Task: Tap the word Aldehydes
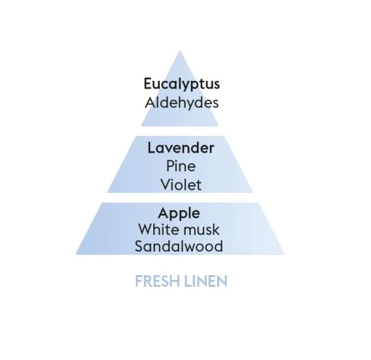[182, 104]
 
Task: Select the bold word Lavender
[181, 148]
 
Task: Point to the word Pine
[181, 166]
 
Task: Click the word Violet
[181, 185]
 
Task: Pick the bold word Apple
[179, 214]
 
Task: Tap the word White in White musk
[157, 230]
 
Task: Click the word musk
[200, 230]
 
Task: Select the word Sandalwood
[179, 246]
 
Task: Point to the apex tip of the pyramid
[180, 50]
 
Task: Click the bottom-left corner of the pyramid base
[76, 255]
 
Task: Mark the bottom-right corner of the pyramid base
[285, 255]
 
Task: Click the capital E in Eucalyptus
[148, 83]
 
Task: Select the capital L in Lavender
[152, 148]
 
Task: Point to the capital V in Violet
[166, 185]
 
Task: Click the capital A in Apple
[163, 213]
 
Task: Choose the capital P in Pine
[170, 166]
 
